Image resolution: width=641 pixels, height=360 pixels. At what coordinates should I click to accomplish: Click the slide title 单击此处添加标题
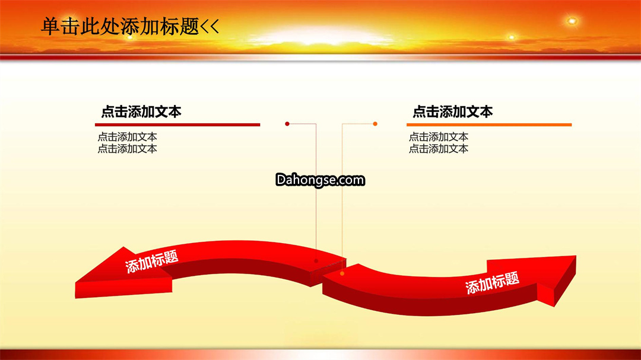click(x=120, y=27)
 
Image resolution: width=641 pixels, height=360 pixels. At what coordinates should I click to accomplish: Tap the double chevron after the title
click(x=210, y=27)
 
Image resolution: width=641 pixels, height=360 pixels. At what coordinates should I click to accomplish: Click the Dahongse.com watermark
click(x=320, y=180)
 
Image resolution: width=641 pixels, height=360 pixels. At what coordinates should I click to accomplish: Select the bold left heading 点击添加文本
click(x=141, y=111)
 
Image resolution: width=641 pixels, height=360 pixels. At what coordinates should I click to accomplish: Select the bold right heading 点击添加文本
click(x=452, y=111)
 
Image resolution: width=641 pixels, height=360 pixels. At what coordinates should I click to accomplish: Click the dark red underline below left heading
click(x=177, y=125)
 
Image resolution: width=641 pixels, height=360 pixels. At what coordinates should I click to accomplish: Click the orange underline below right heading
click(x=489, y=125)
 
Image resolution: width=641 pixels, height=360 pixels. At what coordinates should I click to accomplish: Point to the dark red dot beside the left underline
click(x=287, y=124)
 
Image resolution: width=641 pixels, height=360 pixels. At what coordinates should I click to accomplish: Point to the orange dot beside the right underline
click(x=375, y=124)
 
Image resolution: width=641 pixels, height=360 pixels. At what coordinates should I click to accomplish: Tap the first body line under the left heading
click(x=127, y=137)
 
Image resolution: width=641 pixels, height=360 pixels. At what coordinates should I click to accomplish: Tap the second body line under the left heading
click(x=127, y=149)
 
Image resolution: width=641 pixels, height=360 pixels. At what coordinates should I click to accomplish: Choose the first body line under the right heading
click(x=439, y=137)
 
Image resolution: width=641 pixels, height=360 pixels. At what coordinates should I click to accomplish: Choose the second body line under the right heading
click(x=439, y=149)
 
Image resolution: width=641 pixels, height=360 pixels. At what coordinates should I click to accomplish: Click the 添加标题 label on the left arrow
click(x=152, y=261)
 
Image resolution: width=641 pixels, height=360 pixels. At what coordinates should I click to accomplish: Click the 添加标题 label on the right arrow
click(x=492, y=283)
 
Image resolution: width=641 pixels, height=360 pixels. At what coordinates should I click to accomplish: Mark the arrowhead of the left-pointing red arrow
click(x=123, y=274)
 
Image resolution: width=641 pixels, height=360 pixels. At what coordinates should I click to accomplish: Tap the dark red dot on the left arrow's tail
click(x=316, y=261)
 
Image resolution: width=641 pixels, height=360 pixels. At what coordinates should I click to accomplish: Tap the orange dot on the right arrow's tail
click(x=342, y=273)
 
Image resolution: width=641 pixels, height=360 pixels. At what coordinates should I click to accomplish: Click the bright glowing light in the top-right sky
click(x=572, y=21)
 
